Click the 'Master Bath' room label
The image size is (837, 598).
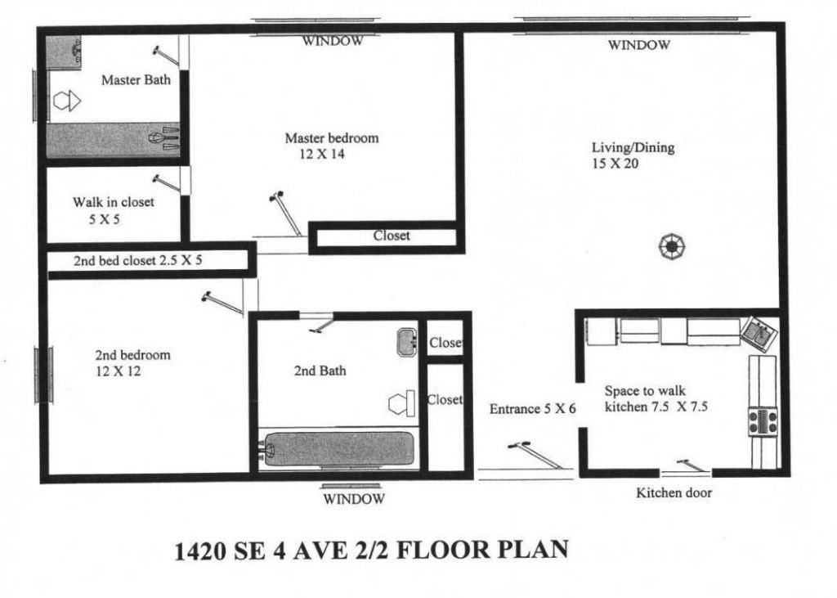[x=136, y=80]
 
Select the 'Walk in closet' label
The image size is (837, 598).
[x=113, y=201]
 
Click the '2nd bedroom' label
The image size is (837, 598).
[x=132, y=355]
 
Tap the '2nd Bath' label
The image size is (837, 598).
[x=320, y=371]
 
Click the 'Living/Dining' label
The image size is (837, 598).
[x=633, y=148]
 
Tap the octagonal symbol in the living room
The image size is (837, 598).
[x=673, y=245]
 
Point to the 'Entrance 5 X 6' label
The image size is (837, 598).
[x=534, y=409]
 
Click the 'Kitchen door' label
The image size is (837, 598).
[x=674, y=492]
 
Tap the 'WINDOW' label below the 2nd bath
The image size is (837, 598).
[x=353, y=497]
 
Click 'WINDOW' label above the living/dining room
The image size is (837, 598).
[x=639, y=45]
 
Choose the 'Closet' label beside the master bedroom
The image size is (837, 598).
[x=392, y=236]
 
